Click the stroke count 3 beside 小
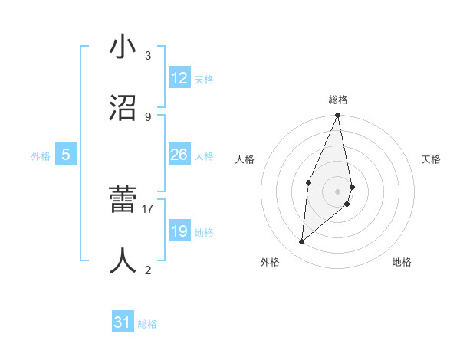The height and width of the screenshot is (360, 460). click(148, 56)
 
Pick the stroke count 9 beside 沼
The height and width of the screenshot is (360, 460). click(148, 116)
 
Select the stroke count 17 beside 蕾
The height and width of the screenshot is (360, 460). click(148, 208)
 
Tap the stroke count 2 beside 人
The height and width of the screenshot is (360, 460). click(148, 270)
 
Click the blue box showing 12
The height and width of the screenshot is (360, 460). click(179, 78)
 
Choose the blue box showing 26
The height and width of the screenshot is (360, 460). click(179, 155)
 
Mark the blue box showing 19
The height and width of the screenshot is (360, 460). click(179, 231)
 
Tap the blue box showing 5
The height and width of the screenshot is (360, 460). click(66, 155)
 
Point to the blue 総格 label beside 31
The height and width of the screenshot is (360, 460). click(147, 324)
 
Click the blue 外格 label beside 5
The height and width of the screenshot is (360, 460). click(41, 156)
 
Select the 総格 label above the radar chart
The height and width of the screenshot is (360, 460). click(338, 100)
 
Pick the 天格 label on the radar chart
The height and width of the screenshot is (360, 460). click(431, 159)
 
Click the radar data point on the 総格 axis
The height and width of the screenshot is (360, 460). click(337, 116)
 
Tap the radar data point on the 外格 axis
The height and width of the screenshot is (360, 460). click(302, 242)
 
